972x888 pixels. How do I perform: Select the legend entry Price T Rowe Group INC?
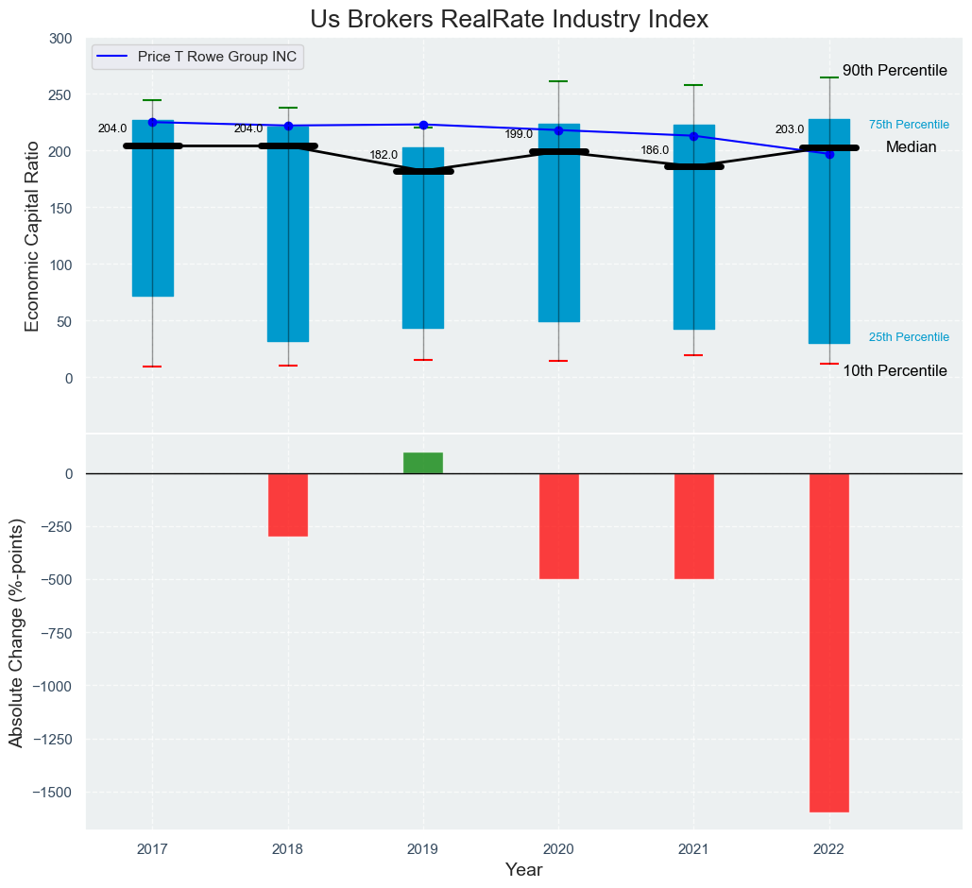point(216,57)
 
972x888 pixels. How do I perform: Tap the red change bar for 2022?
point(828,642)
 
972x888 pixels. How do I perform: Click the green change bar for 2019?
point(423,463)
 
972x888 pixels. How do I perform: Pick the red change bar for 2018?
point(288,504)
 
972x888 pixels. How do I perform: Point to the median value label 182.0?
point(384,155)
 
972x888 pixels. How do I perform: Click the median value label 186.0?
point(655,150)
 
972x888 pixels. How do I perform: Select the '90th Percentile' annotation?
point(895,71)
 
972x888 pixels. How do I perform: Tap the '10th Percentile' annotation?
point(895,371)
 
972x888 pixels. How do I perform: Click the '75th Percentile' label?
point(909,125)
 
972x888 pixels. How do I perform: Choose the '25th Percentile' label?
point(909,337)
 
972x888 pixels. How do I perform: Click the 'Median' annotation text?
point(911,147)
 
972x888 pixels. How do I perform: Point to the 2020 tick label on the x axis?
point(558,848)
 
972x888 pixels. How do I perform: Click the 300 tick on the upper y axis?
point(60,39)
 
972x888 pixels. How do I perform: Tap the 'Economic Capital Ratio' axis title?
point(32,235)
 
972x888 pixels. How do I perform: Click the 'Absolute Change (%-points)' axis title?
point(17,632)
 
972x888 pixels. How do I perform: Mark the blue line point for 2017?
point(152,122)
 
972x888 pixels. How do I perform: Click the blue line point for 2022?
point(829,154)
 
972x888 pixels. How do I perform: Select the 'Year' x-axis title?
point(523,870)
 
